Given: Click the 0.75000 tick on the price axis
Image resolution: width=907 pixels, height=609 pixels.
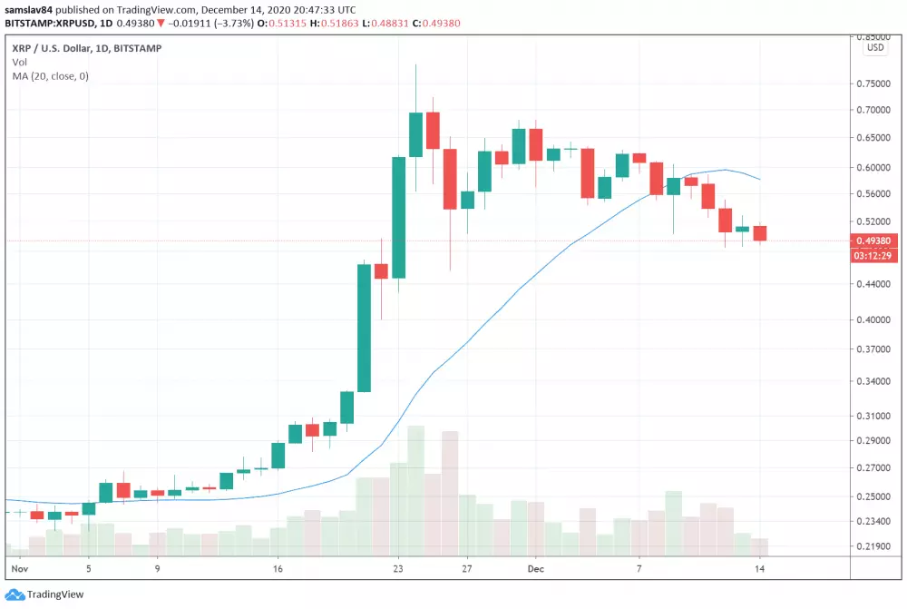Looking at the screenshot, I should [x=873, y=83].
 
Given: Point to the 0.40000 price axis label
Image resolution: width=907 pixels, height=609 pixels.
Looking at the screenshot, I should [x=873, y=320].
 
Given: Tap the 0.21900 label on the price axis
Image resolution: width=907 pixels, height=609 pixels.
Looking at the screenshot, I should [x=873, y=546].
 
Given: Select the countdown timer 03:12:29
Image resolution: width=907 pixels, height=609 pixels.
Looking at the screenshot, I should [x=873, y=256].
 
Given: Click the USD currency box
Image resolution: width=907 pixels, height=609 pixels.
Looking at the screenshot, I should [x=875, y=47].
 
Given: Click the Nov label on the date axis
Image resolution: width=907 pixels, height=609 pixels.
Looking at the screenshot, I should [x=19, y=569].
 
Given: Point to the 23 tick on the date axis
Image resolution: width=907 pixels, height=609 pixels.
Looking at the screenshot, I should [x=398, y=569].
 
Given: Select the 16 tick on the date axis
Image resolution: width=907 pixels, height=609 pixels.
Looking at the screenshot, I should [x=278, y=569].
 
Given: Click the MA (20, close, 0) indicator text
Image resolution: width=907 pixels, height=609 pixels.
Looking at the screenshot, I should [x=51, y=76].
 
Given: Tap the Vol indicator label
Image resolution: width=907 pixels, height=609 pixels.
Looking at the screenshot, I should [x=19, y=62].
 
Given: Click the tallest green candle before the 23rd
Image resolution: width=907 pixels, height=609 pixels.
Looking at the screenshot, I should [x=364, y=328].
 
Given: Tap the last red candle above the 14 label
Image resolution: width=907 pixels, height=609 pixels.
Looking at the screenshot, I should [x=760, y=233].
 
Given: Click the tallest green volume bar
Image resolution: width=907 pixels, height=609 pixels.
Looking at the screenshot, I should [x=415, y=490].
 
